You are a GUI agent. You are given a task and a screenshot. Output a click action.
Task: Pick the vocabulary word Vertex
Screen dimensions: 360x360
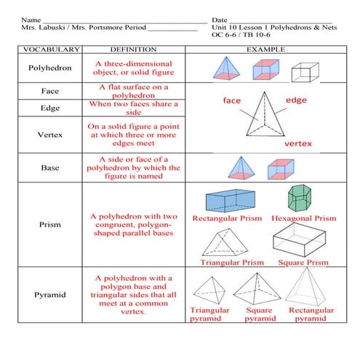49,135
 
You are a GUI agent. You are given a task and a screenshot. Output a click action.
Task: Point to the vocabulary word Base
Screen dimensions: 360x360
49,167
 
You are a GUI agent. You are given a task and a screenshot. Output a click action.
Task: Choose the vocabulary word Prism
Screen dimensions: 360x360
49,225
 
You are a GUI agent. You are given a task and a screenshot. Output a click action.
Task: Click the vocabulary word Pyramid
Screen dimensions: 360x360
49,295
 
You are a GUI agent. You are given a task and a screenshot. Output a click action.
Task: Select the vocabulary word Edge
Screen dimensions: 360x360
49,108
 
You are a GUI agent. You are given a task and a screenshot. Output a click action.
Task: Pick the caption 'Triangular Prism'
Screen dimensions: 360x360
231,262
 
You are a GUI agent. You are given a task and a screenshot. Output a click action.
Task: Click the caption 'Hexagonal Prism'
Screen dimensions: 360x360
303,218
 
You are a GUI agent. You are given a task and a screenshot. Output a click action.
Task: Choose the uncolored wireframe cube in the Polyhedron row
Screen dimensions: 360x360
305,71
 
